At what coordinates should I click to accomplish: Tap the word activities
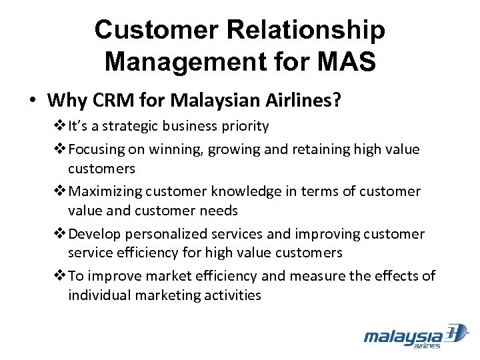[227, 295]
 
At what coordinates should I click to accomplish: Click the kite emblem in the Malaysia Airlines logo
[458, 333]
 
